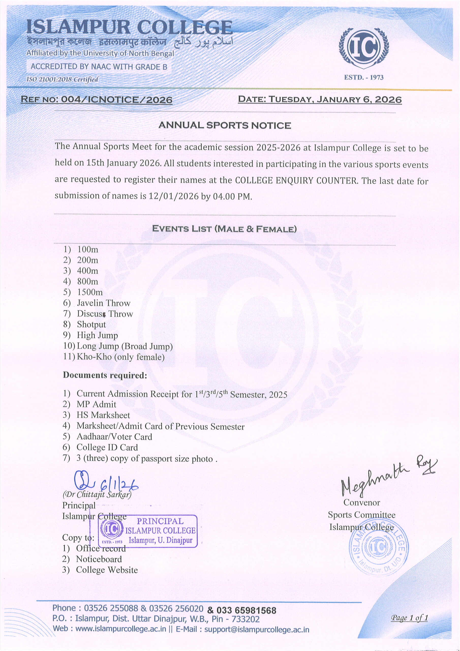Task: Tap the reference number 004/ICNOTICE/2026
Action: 117,100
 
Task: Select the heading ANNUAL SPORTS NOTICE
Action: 224,125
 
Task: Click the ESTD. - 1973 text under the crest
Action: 364,77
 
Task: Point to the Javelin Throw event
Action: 103,303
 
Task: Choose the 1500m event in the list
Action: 90,292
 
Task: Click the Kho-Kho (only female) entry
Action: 121,357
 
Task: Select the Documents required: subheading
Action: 105,375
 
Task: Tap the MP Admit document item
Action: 96,404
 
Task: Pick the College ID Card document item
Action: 107,447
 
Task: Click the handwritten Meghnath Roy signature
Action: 388,479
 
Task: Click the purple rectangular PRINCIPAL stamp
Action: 148,531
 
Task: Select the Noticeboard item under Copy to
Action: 99,559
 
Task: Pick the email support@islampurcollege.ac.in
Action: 256,629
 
